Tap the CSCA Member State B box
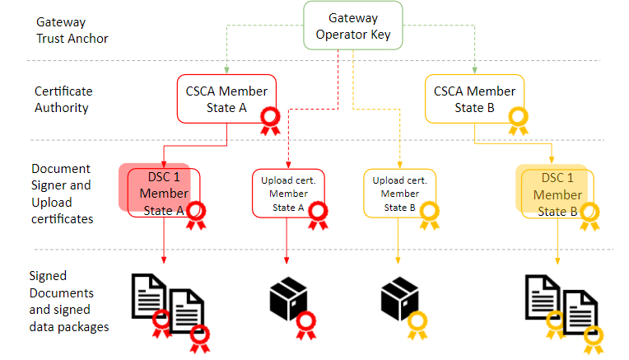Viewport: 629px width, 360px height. click(x=474, y=99)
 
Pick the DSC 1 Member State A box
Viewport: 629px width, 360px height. click(x=164, y=194)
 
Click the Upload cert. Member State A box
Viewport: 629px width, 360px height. click(x=288, y=194)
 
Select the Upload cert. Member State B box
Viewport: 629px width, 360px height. click(x=400, y=194)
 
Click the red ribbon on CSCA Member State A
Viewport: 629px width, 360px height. click(x=269, y=122)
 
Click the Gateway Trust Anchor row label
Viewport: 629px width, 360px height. click(x=71, y=31)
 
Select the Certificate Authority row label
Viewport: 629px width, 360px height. click(x=63, y=99)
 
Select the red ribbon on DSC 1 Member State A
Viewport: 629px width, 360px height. click(x=196, y=216)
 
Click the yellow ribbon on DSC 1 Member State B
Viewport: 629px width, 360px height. click(x=588, y=216)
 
